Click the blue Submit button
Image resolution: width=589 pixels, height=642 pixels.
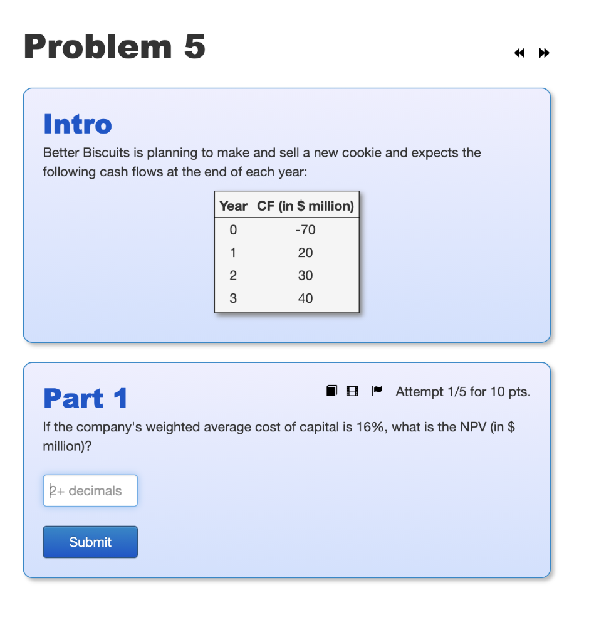click(x=90, y=542)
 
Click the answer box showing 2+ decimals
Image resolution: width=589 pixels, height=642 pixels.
click(x=90, y=490)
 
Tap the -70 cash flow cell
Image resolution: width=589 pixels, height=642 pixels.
click(x=305, y=230)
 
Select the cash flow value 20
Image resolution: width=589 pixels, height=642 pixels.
click(x=305, y=253)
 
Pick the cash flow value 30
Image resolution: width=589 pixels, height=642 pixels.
click(x=305, y=275)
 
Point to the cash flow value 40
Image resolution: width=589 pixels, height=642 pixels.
click(x=305, y=298)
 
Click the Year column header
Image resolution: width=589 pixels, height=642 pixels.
click(x=233, y=206)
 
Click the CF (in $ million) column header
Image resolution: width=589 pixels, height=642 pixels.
click(x=306, y=206)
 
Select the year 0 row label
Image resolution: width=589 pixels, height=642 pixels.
click(x=233, y=230)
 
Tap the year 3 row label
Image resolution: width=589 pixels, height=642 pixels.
click(x=233, y=298)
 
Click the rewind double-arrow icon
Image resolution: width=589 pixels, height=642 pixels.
click(x=519, y=53)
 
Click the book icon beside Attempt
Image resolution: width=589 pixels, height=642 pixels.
click(x=331, y=391)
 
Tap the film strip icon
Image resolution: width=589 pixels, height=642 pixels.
click(x=352, y=392)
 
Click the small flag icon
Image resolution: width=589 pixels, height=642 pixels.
click(x=376, y=391)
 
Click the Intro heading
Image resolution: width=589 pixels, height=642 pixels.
click(x=78, y=124)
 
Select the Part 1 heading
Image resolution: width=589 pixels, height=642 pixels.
click(x=86, y=399)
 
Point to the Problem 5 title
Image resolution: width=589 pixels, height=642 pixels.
click(x=115, y=47)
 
